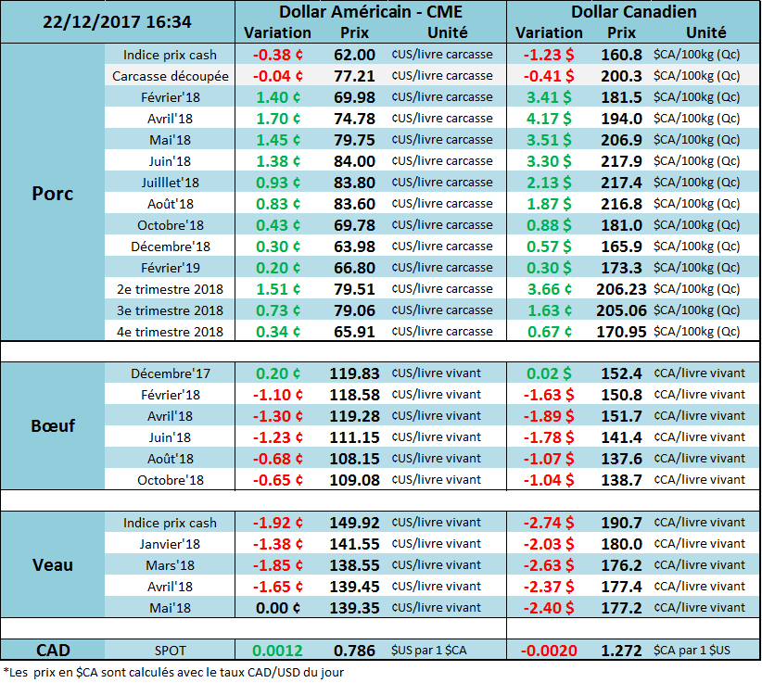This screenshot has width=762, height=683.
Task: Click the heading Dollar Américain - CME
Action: (370, 12)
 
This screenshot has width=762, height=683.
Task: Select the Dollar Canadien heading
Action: (634, 12)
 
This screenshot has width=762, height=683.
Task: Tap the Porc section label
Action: (52, 194)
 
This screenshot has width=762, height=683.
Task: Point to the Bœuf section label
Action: (52, 426)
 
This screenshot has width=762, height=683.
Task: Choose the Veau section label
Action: (52, 564)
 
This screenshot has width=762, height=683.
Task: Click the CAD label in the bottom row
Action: (52, 650)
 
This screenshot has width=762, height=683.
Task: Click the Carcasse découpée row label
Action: (171, 76)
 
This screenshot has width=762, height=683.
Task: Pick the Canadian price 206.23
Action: (621, 289)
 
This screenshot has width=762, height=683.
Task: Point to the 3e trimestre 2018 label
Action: (171, 310)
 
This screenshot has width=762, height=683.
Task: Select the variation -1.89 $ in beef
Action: (549, 416)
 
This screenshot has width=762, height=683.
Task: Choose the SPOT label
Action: (171, 651)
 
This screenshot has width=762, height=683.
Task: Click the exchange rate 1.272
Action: (621, 651)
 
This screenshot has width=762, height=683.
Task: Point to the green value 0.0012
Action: (277, 651)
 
